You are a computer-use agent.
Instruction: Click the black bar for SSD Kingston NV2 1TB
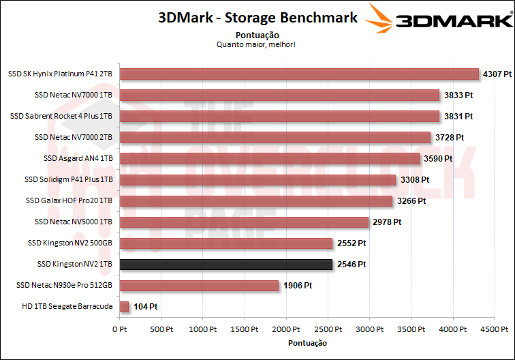tap(226, 264)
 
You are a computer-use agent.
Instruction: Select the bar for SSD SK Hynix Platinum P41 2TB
tap(300, 74)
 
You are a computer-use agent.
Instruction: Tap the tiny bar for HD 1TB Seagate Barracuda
tap(124, 307)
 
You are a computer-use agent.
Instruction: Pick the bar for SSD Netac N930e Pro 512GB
tap(200, 286)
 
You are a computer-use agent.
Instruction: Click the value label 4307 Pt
tap(497, 74)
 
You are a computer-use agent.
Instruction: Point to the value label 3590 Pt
tap(437, 158)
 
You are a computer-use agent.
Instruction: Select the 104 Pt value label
tap(144, 307)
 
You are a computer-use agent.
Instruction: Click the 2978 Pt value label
tap(386, 222)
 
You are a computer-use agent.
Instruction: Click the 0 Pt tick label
tap(119, 330)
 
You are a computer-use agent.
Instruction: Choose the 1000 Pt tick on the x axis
tap(202, 330)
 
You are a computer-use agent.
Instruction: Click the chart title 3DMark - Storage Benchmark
tap(257, 18)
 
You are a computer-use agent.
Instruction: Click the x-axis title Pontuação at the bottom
tap(307, 342)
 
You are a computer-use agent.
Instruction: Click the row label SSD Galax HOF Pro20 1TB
tap(69, 200)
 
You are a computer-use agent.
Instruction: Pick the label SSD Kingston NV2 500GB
tap(70, 243)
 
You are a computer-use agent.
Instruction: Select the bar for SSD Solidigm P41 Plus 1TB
tap(257, 179)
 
